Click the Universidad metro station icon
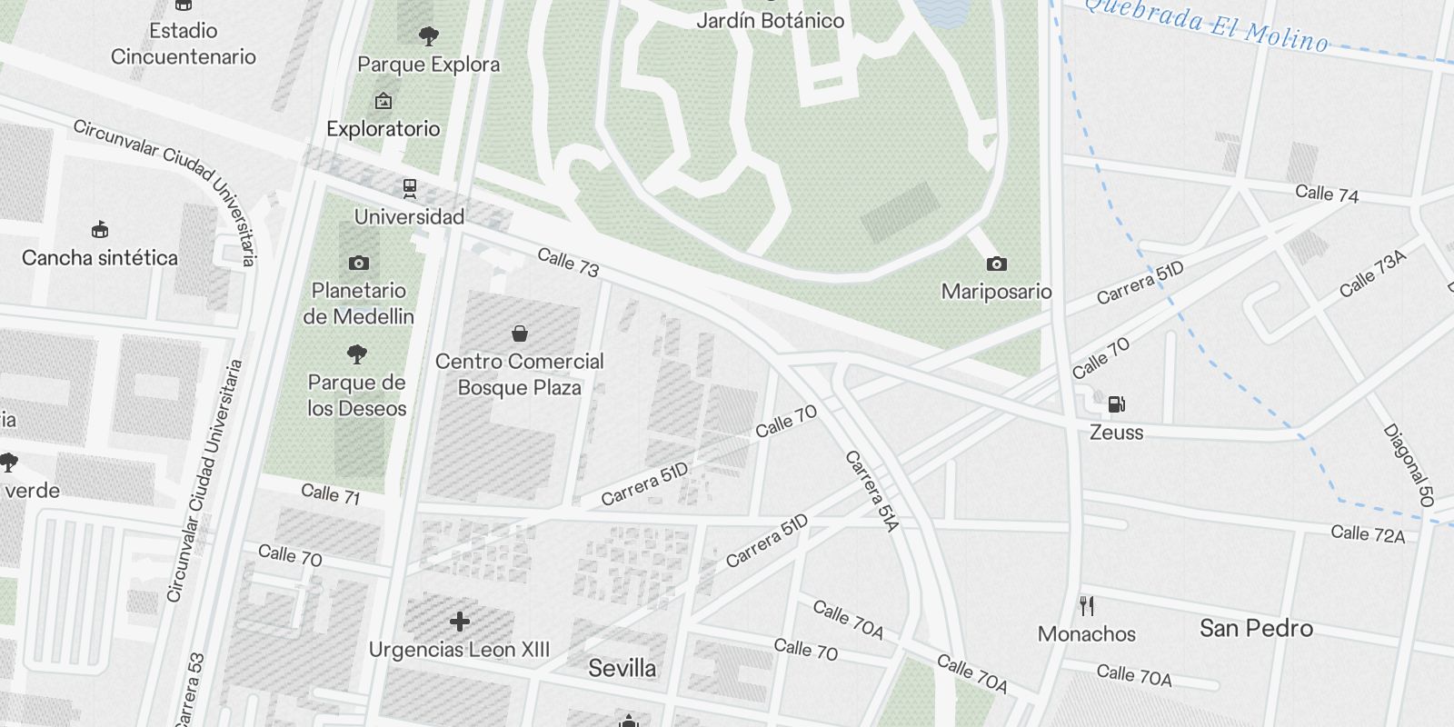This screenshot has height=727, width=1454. pos(410,188)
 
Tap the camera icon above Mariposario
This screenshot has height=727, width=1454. pos(997,264)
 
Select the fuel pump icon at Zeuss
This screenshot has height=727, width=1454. pos(1116,404)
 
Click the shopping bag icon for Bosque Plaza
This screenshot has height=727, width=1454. pos(520,334)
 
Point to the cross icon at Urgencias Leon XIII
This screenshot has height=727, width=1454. pos(460,622)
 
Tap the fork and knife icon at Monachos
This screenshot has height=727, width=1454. pos(1087,605)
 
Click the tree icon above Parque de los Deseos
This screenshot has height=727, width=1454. pos(357,354)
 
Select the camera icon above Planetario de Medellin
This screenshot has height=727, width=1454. pos(359,263)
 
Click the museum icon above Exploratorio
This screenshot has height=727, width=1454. pos(383,101)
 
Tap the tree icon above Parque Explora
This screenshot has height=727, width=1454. pos(429,36)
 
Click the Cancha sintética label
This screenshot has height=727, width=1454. pos(100,258)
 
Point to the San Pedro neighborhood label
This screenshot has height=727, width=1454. pos(1256,628)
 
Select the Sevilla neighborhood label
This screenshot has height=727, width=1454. pos(622,669)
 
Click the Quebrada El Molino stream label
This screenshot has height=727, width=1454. pos(1207,25)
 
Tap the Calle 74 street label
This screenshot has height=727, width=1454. pos(1327,193)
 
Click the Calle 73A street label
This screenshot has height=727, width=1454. pos(1372,274)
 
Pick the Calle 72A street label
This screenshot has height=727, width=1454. pos(1368,533)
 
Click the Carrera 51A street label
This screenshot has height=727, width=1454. pos(871,491)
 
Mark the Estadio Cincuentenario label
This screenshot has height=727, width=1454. pos(184,44)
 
